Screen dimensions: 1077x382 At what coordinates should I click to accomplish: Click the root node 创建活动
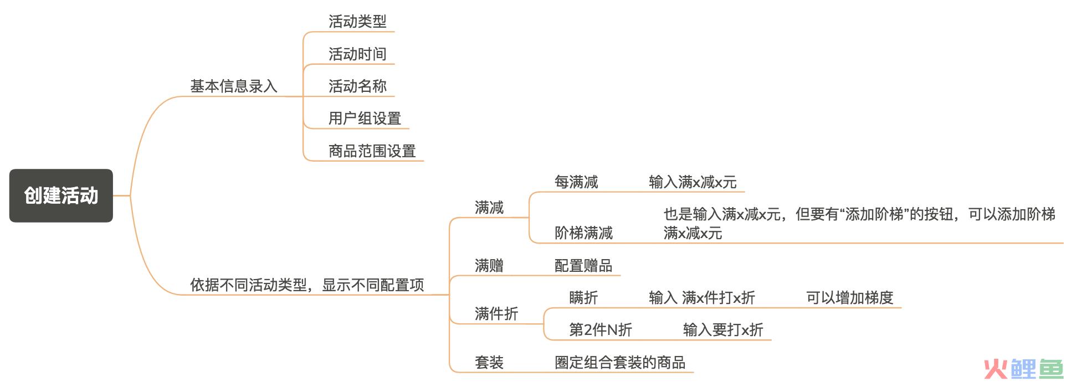(61, 195)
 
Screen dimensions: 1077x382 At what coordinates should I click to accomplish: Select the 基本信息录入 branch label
(234, 86)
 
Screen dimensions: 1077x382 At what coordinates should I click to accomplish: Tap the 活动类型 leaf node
(357, 22)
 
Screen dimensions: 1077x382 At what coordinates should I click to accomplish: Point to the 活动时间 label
(357, 54)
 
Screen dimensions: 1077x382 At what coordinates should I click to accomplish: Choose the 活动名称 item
(357, 86)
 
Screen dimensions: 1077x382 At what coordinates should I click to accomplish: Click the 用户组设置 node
(365, 118)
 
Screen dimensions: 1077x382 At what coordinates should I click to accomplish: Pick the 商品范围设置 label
(372, 151)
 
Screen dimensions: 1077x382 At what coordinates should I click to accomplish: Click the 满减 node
(489, 208)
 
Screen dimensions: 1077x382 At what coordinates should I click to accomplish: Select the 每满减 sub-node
(576, 182)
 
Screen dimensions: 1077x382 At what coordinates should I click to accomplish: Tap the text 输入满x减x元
(693, 182)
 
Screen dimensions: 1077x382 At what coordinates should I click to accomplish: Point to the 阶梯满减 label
(583, 233)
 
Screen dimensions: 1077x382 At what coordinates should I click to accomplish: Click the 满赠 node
(489, 266)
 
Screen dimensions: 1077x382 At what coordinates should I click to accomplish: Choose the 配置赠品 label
(583, 266)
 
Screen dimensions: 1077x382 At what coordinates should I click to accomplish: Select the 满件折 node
(496, 314)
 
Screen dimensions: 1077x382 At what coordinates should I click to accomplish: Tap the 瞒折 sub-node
(583, 298)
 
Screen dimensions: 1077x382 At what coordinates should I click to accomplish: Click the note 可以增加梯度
(850, 298)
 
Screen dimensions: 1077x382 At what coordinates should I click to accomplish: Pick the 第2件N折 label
(601, 330)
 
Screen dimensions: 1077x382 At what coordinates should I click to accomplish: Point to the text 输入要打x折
(723, 330)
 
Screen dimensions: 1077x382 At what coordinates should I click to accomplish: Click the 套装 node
(489, 363)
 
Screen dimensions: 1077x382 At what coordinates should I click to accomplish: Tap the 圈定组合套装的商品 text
(620, 363)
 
